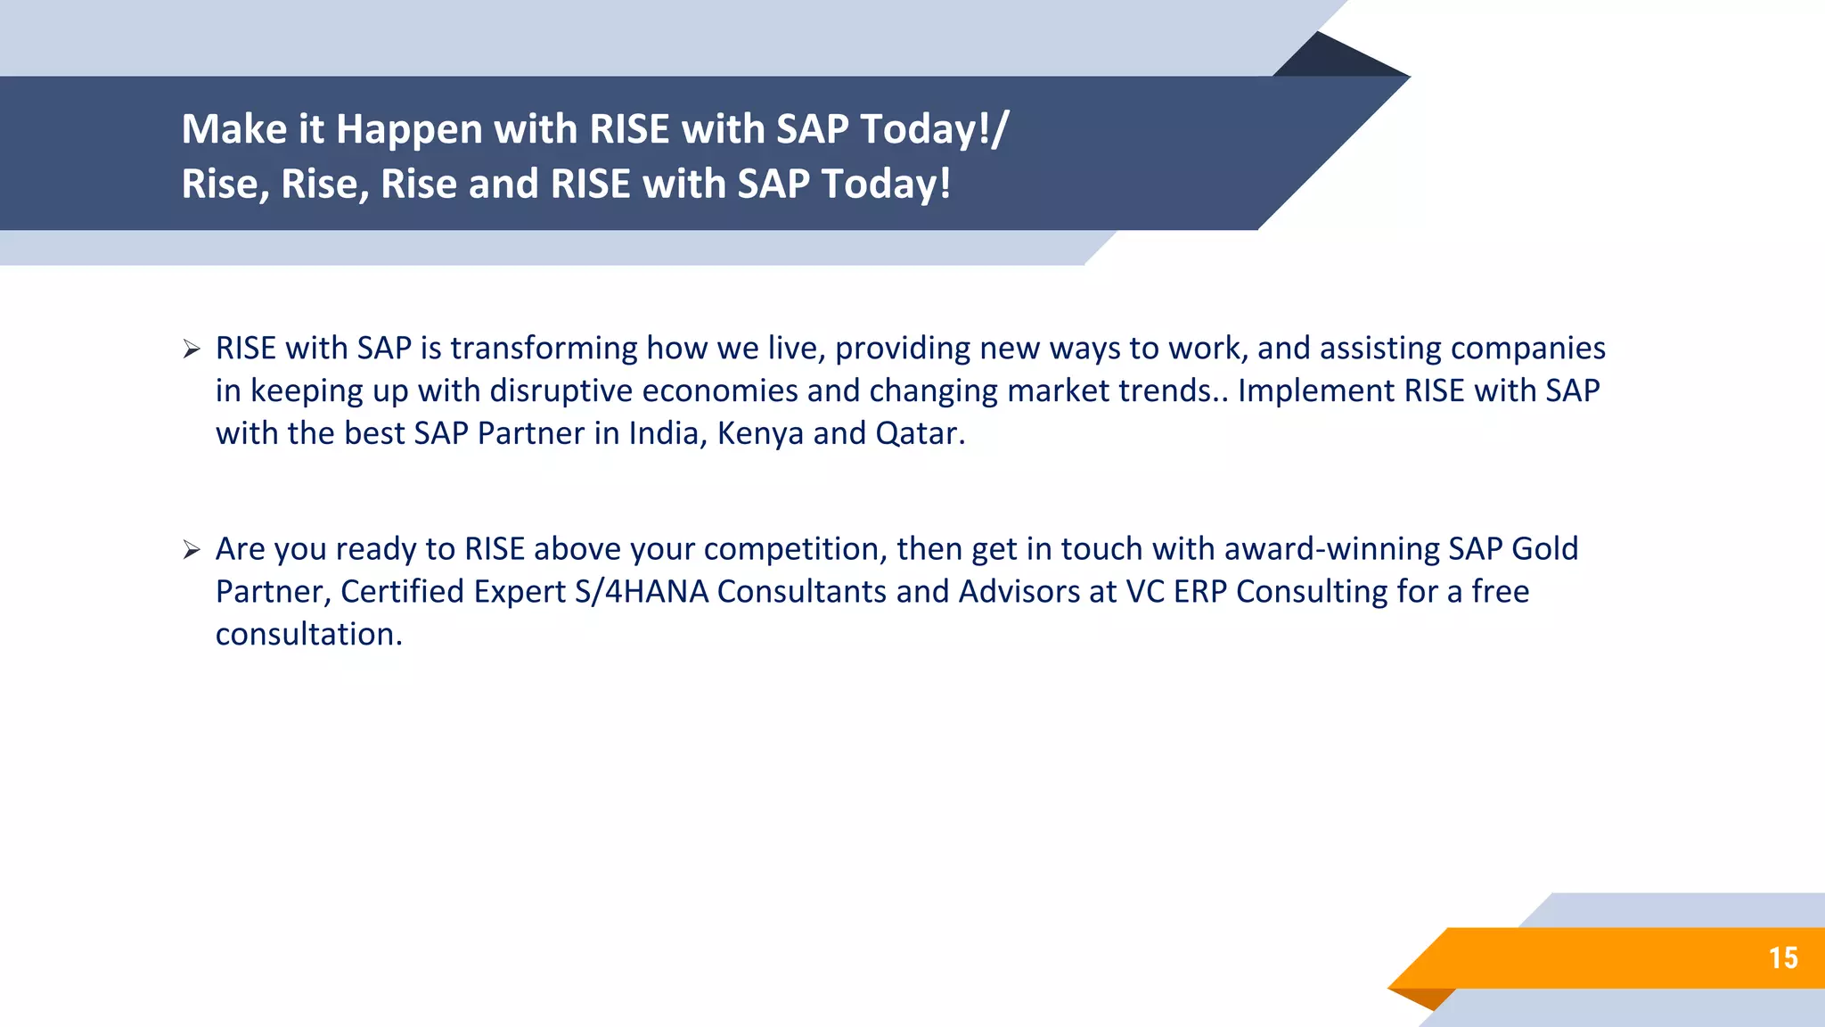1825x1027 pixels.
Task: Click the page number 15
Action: click(x=1783, y=958)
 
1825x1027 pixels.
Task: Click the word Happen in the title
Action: click(x=409, y=130)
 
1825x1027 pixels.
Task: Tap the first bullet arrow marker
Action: click(x=192, y=349)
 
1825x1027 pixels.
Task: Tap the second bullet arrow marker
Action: click(x=192, y=550)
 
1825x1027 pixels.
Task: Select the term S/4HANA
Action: click(x=641, y=592)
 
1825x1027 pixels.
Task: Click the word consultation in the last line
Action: click(x=308, y=635)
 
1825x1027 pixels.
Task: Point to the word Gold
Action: click(x=1545, y=549)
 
